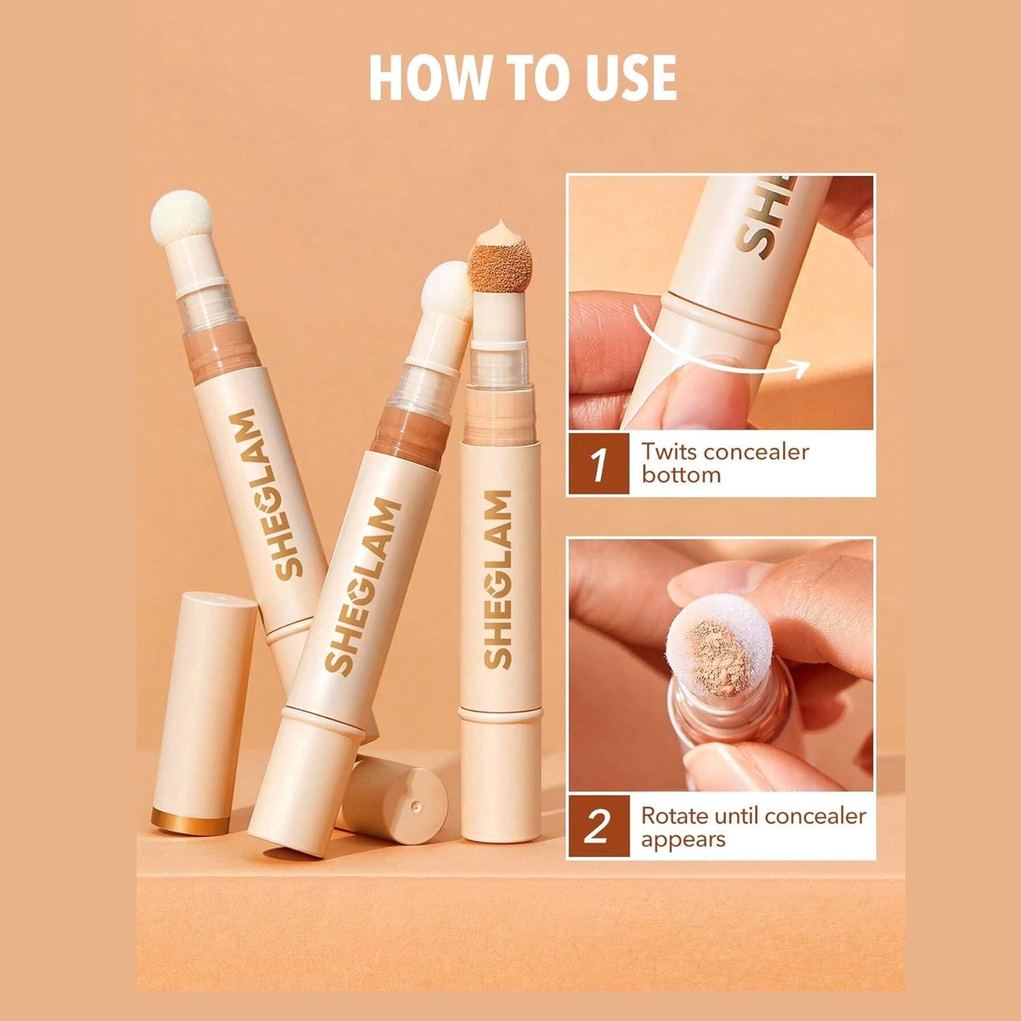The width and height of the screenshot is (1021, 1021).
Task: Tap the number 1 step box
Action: click(599, 464)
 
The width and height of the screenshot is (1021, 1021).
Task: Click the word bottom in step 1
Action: click(680, 475)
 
